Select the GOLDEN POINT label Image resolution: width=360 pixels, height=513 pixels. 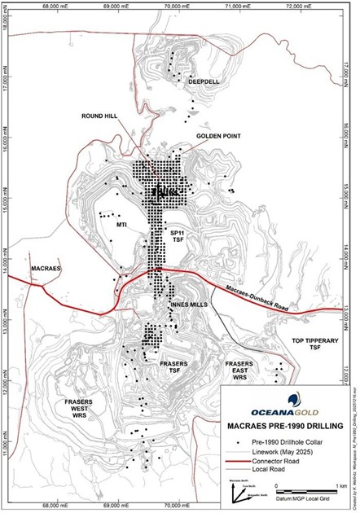[x=216, y=136]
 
